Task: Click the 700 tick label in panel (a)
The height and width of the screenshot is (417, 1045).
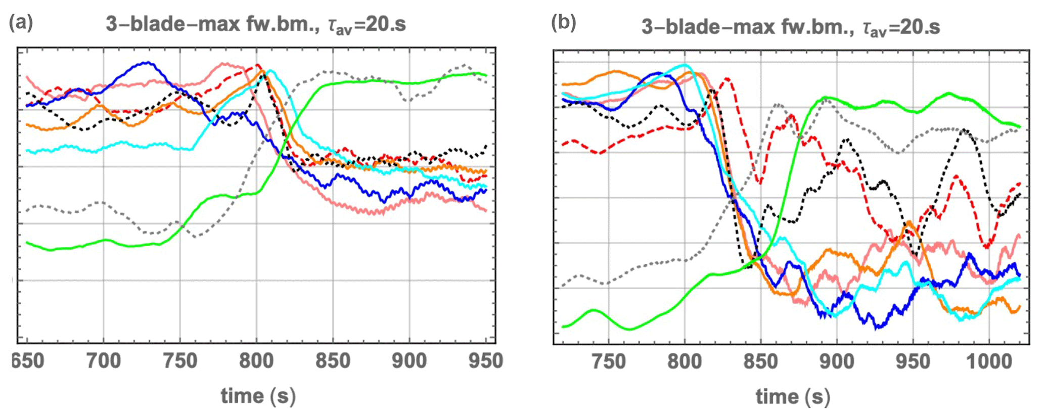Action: (103, 361)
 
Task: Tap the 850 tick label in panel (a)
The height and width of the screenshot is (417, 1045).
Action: (333, 361)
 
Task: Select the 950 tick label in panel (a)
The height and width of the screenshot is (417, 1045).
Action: (486, 361)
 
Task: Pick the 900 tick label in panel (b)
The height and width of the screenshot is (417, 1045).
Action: (837, 362)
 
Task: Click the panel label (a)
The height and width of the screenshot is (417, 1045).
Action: (21, 23)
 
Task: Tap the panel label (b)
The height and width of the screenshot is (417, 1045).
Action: (563, 23)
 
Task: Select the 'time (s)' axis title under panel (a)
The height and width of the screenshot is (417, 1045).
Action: (258, 396)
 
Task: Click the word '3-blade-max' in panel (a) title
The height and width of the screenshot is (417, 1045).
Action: (172, 24)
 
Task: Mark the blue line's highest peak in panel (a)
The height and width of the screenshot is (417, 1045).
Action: (147, 62)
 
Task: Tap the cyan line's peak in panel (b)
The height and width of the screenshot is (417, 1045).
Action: (685, 65)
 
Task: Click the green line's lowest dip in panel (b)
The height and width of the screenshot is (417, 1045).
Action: (629, 330)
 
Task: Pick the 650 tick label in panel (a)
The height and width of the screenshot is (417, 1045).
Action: (28, 361)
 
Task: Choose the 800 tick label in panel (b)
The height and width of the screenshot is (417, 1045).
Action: (685, 362)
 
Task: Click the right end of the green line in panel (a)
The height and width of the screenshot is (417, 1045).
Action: (486, 76)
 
